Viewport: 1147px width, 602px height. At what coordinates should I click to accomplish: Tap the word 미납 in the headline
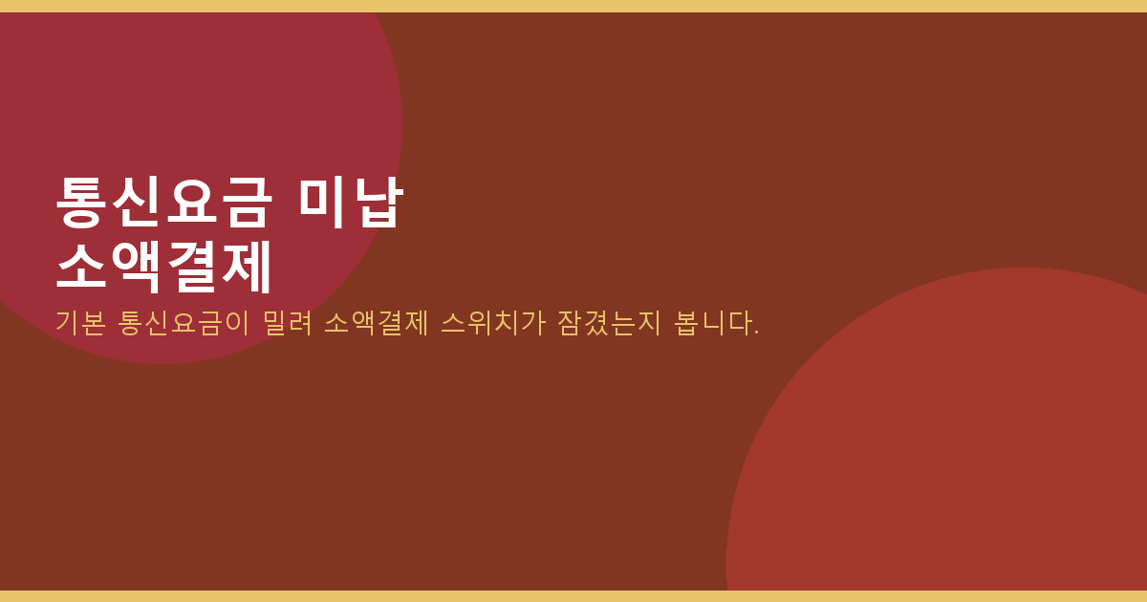click(x=351, y=202)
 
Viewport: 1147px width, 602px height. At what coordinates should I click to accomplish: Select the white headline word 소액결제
click(x=163, y=267)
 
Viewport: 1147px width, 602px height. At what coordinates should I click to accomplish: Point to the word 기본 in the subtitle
click(x=80, y=323)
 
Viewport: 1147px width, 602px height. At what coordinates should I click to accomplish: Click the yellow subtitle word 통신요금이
click(x=184, y=323)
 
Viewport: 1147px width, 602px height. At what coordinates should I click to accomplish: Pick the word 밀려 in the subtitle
click(x=288, y=323)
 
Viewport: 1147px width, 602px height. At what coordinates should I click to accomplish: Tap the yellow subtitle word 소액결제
click(x=377, y=323)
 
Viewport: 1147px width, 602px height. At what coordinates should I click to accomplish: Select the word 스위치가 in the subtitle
click(x=493, y=323)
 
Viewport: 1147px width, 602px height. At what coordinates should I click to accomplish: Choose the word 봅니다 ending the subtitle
click(x=713, y=323)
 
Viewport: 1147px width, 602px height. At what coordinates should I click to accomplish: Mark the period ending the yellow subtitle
click(x=756, y=333)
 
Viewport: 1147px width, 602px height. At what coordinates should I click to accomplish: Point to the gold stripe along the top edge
click(x=573, y=6)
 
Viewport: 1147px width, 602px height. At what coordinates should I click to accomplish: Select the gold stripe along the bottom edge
click(x=573, y=596)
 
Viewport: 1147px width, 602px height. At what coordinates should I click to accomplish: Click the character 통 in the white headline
click(x=81, y=202)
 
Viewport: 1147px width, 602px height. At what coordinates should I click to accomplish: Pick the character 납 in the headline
click(x=379, y=202)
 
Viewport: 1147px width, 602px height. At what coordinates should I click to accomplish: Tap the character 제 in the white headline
click(x=246, y=267)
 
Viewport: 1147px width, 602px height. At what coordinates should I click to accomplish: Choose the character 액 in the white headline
click(x=136, y=267)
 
